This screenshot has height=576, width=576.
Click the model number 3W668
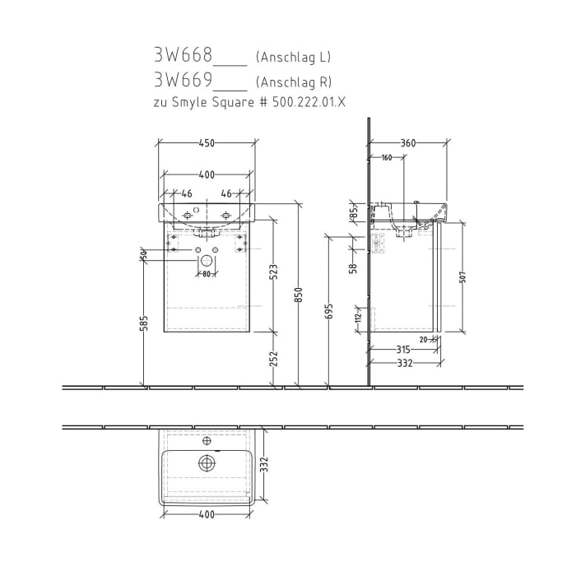click(183, 57)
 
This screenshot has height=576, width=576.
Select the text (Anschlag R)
click(294, 81)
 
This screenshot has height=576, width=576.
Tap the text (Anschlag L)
click(293, 58)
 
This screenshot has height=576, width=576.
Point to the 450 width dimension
click(206, 143)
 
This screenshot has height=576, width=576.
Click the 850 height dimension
click(299, 295)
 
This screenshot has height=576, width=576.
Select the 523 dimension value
click(274, 272)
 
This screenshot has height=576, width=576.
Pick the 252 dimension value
click(274, 358)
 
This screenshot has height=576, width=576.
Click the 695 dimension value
click(329, 310)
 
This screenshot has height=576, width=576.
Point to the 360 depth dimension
click(408, 143)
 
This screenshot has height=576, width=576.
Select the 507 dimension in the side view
click(462, 278)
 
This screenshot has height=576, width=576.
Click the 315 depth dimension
click(402, 350)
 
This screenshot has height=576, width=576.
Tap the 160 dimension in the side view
click(386, 158)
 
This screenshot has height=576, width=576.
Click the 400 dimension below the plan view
click(206, 515)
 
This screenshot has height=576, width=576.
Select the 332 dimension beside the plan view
click(264, 467)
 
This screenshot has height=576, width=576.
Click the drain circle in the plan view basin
click(206, 463)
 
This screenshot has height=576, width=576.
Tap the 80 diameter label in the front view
click(206, 273)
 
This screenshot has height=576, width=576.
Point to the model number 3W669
click(183, 81)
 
